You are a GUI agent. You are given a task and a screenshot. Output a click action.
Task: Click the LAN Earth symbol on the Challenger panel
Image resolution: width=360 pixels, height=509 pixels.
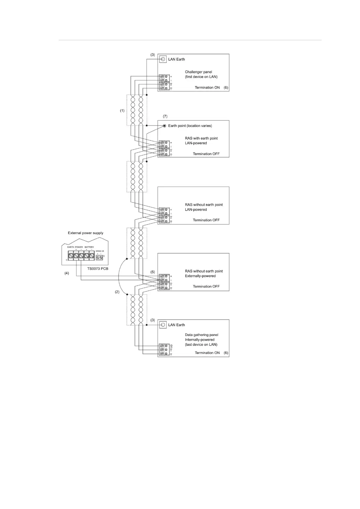[163, 59]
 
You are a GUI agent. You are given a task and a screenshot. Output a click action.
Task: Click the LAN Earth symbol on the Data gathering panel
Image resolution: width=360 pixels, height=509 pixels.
[163, 325]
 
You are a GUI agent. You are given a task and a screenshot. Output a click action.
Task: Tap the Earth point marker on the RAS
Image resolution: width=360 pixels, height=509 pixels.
[164, 126]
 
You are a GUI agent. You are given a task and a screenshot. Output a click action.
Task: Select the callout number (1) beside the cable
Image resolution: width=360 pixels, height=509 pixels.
[122, 111]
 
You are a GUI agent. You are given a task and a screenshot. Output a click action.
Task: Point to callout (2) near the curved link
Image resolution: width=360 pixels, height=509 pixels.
[117, 292]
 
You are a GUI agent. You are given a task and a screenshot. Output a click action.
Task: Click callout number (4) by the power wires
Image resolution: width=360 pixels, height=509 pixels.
[66, 273]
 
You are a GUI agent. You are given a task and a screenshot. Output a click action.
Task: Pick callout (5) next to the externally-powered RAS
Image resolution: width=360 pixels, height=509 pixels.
[153, 272]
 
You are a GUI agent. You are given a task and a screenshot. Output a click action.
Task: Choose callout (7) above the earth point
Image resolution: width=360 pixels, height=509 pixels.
[165, 116]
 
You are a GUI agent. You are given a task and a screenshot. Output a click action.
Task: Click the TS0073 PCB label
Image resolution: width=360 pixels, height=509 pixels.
[98, 269]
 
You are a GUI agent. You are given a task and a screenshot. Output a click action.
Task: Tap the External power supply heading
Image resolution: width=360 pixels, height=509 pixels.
[86, 233]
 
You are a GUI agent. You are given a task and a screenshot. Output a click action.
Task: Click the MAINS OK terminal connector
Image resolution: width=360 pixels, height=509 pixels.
[99, 258]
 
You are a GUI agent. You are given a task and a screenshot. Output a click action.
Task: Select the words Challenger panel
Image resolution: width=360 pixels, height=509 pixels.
[198, 72]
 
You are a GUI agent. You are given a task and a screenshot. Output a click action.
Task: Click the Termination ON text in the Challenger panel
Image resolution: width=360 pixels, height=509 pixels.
[207, 88]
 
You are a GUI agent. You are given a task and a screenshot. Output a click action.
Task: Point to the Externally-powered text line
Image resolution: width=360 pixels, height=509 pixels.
[200, 276]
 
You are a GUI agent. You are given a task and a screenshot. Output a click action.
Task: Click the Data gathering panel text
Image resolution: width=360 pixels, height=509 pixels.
[201, 335]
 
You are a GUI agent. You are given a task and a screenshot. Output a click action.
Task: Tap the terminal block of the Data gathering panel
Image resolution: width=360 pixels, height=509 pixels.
[164, 350]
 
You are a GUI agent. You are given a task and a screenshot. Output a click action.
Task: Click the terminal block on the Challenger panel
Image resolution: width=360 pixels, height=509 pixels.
[164, 82]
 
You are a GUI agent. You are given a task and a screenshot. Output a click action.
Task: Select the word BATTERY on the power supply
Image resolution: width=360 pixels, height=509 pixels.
[89, 247]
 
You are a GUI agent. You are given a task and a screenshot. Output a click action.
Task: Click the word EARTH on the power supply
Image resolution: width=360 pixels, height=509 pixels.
[71, 247]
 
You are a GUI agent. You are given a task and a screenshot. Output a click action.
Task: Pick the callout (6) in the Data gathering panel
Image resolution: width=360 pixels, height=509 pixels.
[226, 353]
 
